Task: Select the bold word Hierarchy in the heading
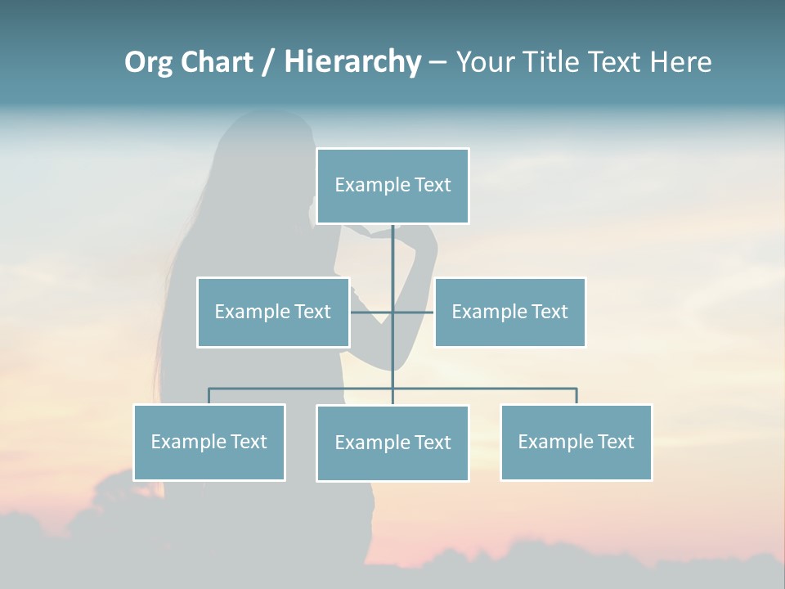[352, 62]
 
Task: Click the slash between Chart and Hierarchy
[268, 63]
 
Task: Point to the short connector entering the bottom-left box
[209, 396]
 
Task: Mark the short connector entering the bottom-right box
[576, 396]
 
